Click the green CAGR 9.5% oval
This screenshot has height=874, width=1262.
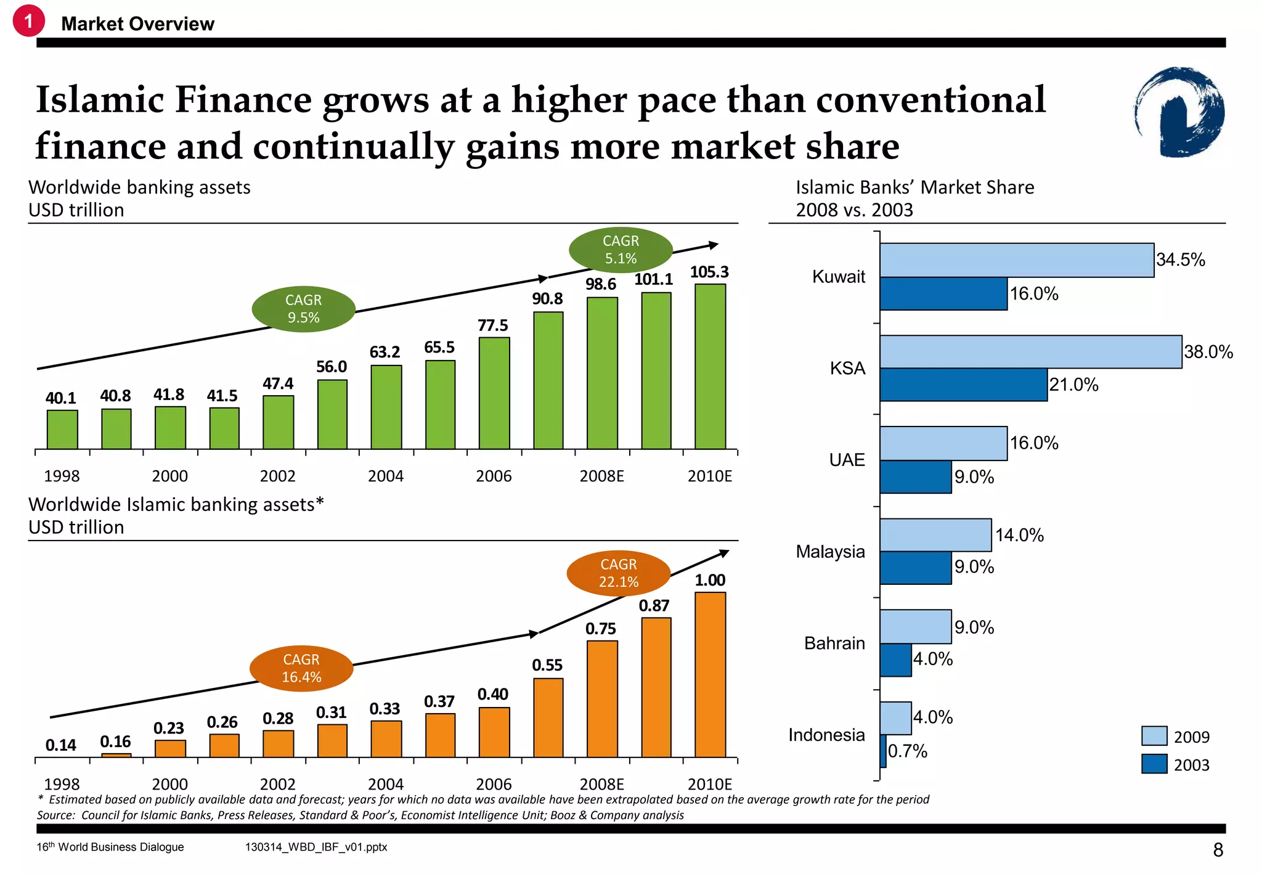coord(303,309)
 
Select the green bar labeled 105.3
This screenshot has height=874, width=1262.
coord(710,366)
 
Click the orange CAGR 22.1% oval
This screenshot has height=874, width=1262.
coord(618,573)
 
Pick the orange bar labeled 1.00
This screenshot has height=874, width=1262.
coord(710,674)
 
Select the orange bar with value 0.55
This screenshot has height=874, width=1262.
coord(548,717)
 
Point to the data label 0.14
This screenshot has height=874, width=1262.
coord(60,745)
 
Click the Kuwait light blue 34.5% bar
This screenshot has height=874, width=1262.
coord(1016,260)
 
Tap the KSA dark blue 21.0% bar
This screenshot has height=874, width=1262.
coord(963,385)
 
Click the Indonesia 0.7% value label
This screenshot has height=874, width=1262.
coord(907,751)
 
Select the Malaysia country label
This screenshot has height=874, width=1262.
coord(830,551)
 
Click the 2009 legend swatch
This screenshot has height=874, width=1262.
coord(1154,736)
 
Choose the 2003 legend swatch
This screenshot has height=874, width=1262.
coord(1154,764)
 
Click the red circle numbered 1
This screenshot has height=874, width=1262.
coord(28,21)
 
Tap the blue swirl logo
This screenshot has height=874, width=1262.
coord(1179,112)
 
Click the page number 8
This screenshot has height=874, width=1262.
coord(1218,850)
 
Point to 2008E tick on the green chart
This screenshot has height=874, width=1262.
coord(601,476)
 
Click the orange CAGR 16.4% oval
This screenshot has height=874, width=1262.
coord(301,668)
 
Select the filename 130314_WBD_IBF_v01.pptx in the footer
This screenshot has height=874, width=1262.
coord(315,847)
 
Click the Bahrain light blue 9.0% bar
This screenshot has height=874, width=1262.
coord(915,627)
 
